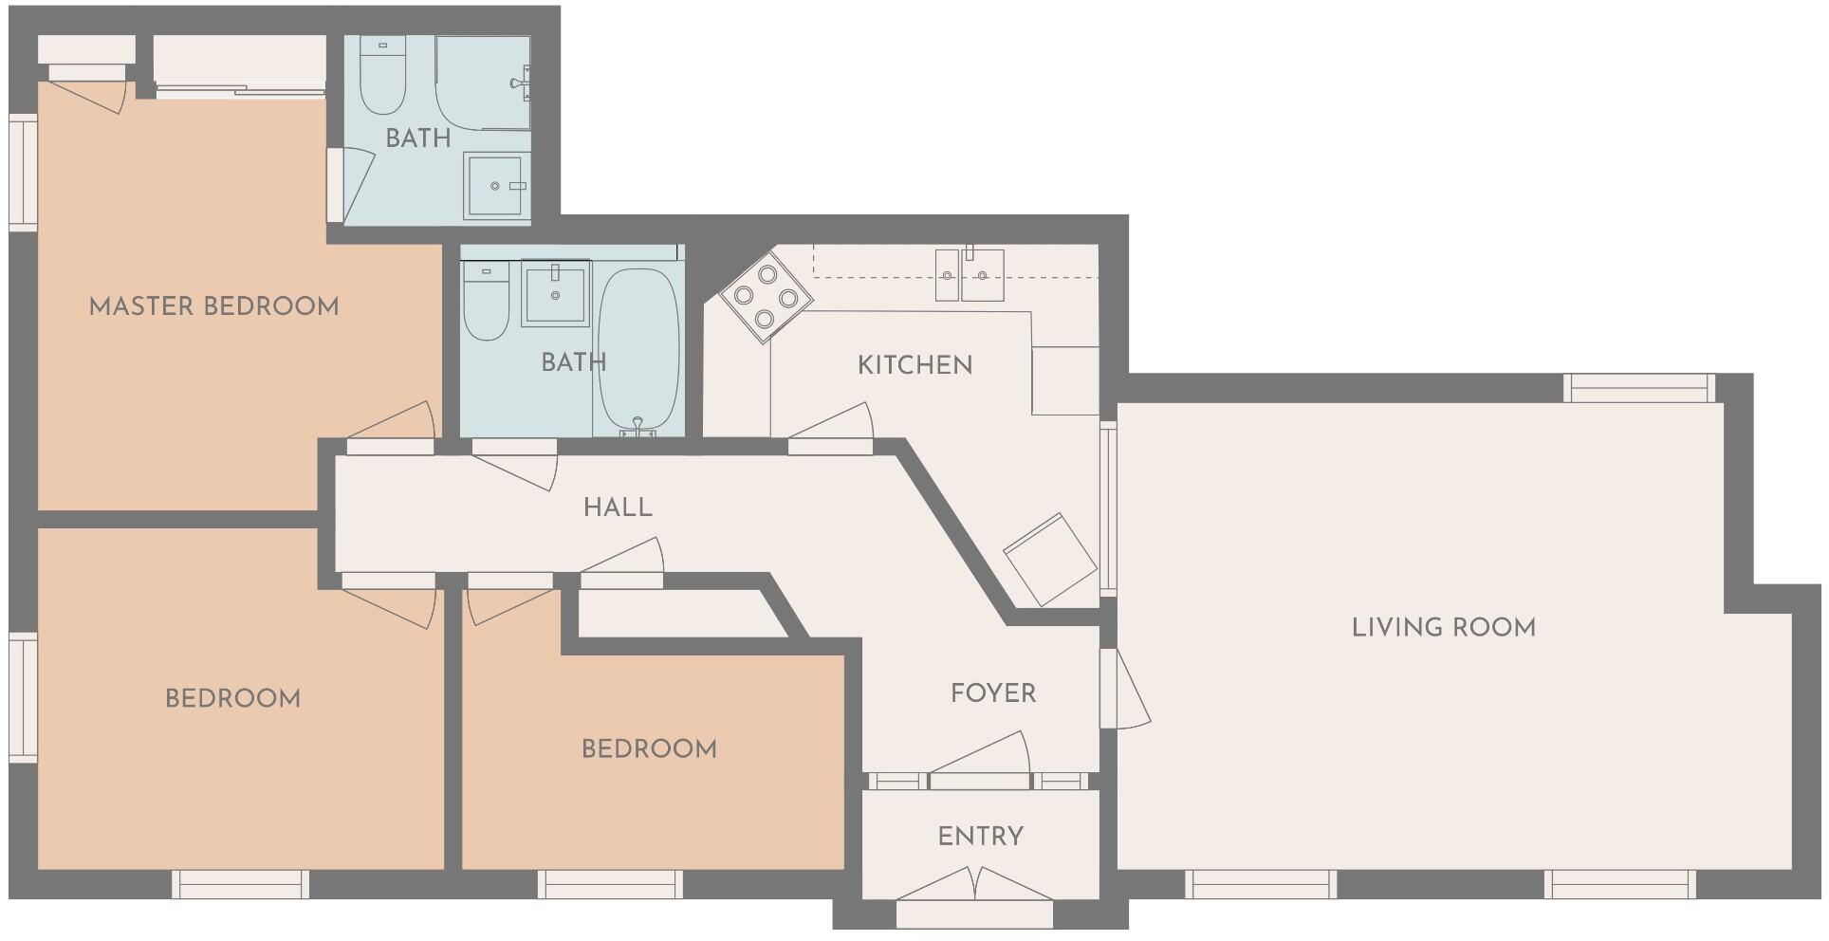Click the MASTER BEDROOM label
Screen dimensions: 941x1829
coord(213,306)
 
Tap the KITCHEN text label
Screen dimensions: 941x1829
coord(914,365)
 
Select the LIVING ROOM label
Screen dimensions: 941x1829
coord(1443,627)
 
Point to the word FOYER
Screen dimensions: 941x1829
coord(993,693)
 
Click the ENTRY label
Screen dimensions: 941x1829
coord(980,837)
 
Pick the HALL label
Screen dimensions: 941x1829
coord(618,507)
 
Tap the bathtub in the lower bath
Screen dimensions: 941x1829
coord(638,347)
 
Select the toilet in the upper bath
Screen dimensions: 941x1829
coord(383,75)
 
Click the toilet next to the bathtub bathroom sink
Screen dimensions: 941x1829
coord(485,301)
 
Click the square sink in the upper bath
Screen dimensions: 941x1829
coord(495,187)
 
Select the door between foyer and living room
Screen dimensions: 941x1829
coord(1124,689)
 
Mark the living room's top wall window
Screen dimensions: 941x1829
coord(1639,388)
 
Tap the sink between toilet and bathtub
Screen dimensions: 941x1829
coord(555,294)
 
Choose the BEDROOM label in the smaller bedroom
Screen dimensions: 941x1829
coord(649,749)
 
